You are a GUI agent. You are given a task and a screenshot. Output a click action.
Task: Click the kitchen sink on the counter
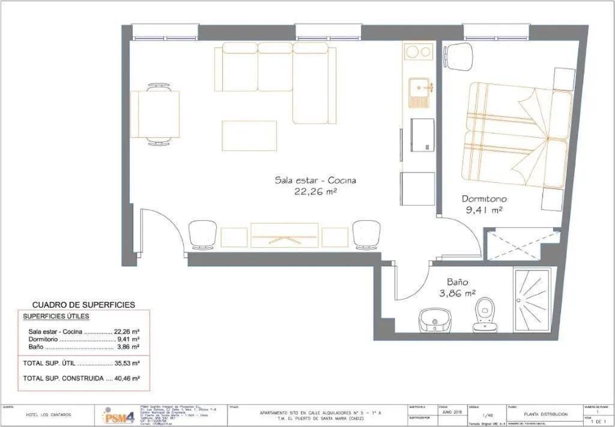click(419, 93)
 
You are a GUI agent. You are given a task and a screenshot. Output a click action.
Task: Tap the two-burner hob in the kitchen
click(419, 52)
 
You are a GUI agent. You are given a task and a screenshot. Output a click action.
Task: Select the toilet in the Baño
click(485, 316)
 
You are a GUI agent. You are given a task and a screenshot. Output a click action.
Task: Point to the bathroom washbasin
click(434, 319)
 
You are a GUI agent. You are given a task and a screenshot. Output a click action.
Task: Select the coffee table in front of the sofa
click(249, 136)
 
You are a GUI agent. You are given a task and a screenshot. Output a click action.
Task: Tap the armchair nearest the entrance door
click(202, 235)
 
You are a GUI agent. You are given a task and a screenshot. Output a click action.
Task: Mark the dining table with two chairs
click(155, 114)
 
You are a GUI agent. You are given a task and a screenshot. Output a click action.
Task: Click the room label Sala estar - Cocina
click(315, 180)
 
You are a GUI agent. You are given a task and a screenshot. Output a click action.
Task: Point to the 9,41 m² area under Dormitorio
click(484, 210)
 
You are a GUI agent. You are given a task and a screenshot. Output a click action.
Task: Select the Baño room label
click(457, 281)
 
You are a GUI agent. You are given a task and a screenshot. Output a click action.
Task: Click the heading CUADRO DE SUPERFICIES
click(83, 305)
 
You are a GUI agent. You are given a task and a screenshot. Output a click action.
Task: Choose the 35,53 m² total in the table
click(127, 363)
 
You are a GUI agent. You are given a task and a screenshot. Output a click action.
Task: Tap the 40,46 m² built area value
click(127, 378)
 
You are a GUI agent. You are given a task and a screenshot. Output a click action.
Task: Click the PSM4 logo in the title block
click(118, 416)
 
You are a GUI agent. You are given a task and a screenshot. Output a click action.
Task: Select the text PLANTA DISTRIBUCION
click(545, 414)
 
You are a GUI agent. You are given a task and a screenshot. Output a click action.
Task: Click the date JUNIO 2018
click(451, 412)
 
